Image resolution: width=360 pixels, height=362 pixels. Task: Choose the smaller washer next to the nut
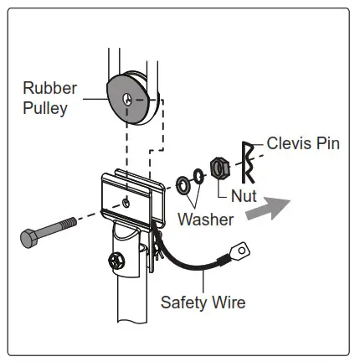point(198,178)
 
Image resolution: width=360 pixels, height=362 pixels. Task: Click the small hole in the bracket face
point(125,202)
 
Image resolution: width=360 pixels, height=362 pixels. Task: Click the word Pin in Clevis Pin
point(327,142)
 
